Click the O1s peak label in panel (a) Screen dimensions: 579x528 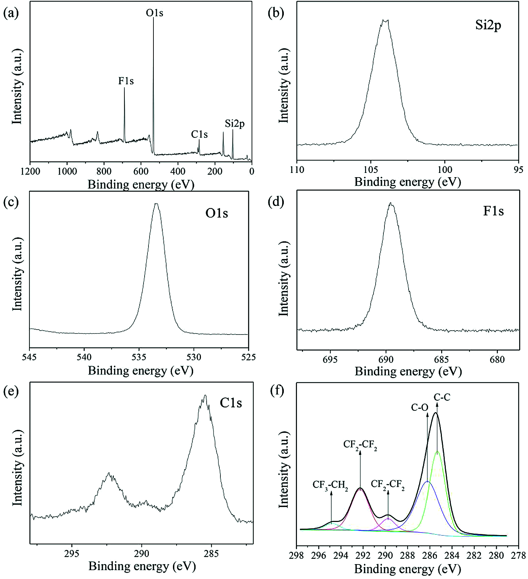155,13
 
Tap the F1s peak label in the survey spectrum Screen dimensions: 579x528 126,81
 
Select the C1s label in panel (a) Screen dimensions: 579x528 199,135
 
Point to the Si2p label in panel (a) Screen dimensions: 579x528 235,124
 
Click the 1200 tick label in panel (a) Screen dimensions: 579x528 30,172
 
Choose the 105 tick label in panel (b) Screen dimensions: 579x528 371,169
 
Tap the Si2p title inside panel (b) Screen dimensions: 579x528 488,26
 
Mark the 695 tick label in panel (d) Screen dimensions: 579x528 330,359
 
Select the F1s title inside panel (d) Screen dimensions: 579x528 493,211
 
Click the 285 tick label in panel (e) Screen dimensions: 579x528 212,553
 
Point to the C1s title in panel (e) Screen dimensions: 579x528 231,403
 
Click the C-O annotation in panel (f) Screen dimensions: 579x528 420,407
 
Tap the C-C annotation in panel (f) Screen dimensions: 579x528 442,398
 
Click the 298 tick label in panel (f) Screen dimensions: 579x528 297,555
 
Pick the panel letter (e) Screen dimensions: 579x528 11,391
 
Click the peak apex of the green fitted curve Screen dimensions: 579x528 438,451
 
